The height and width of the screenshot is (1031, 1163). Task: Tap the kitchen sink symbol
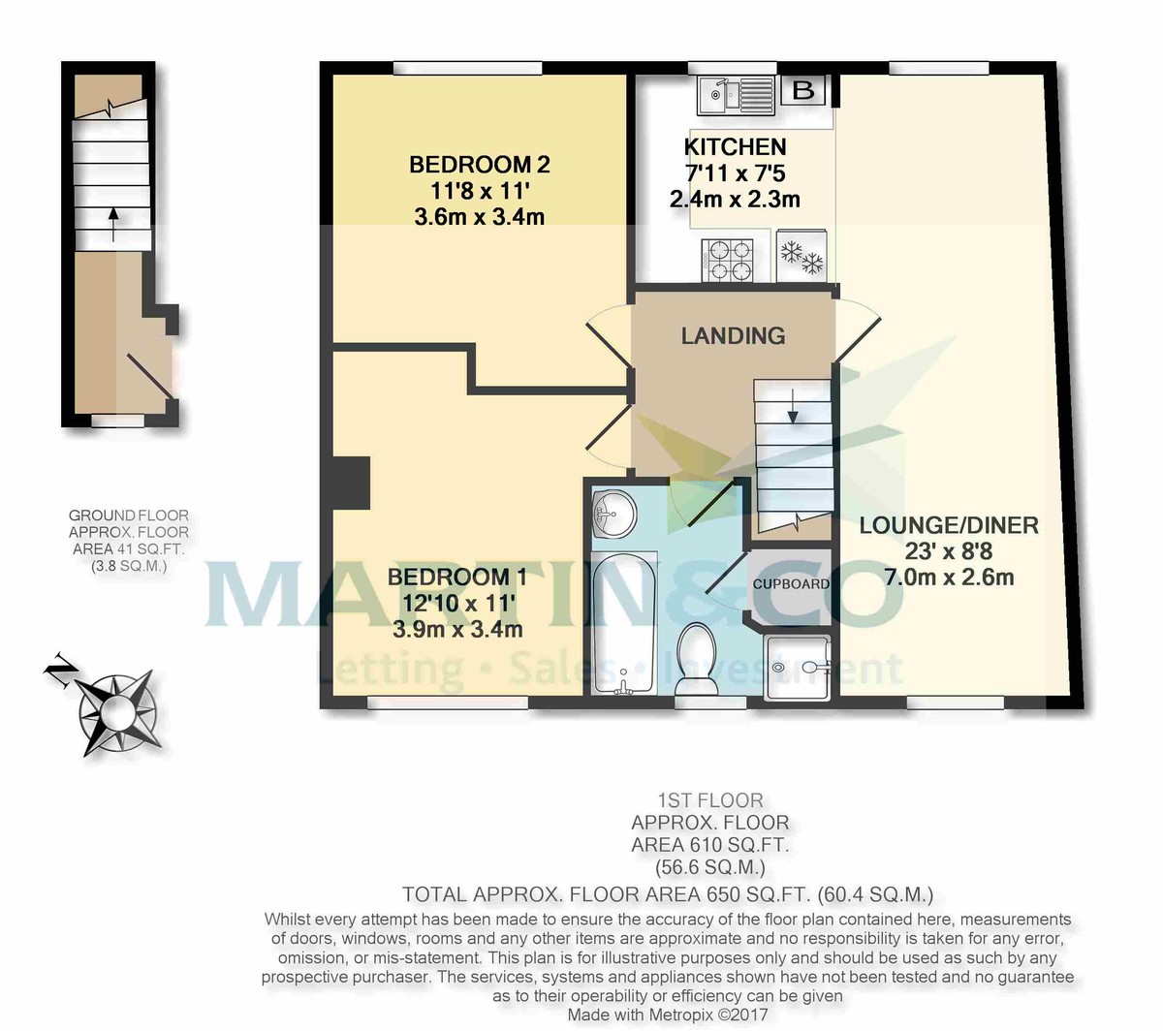(737, 94)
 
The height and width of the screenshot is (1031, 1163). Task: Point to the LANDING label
(733, 336)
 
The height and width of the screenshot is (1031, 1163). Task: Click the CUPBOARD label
(791, 584)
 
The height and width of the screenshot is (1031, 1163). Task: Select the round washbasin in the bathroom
(613, 512)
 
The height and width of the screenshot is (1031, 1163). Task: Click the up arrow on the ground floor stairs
(112, 222)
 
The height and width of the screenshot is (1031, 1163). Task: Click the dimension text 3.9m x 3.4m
(457, 629)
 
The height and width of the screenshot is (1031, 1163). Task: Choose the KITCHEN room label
(735, 147)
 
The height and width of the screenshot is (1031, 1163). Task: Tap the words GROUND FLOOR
(129, 515)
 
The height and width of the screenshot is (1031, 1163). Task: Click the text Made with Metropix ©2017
(669, 1015)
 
